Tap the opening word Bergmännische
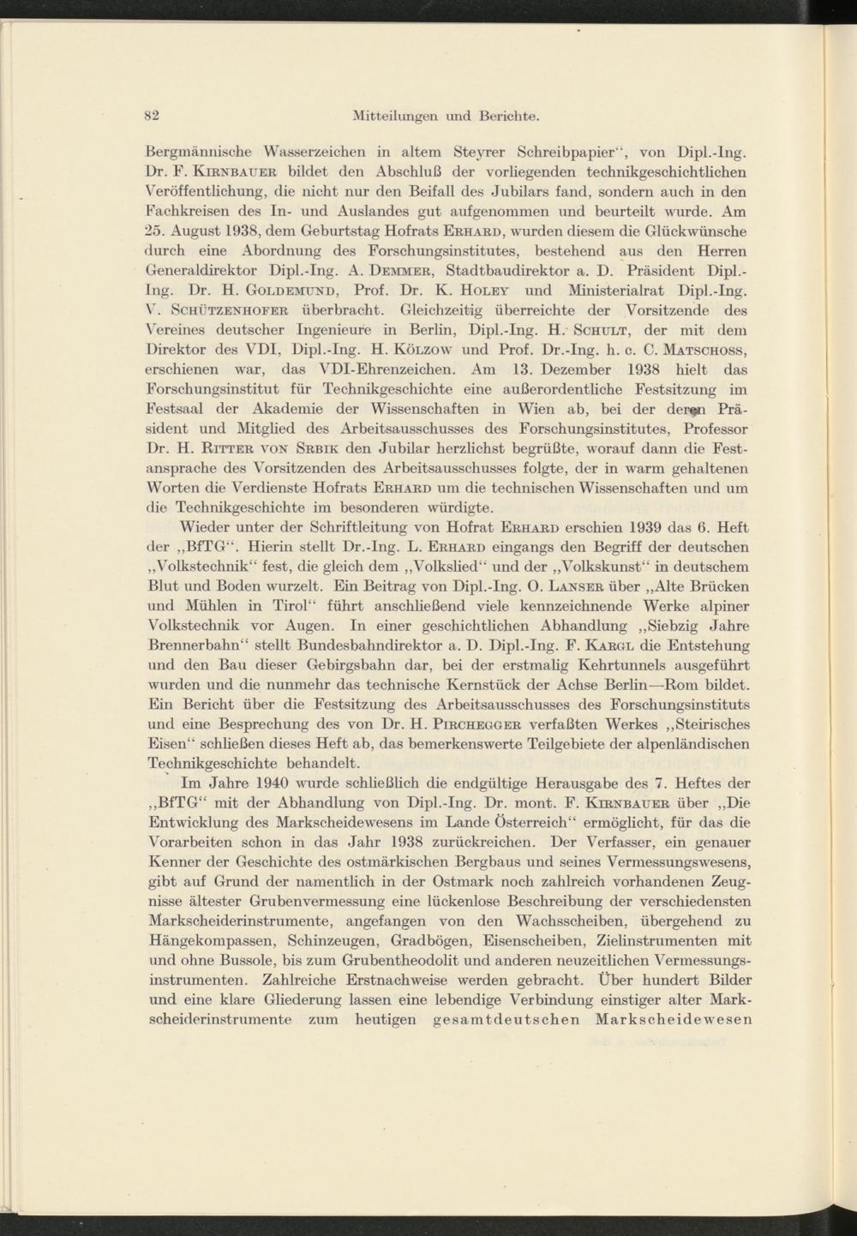click(199, 154)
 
